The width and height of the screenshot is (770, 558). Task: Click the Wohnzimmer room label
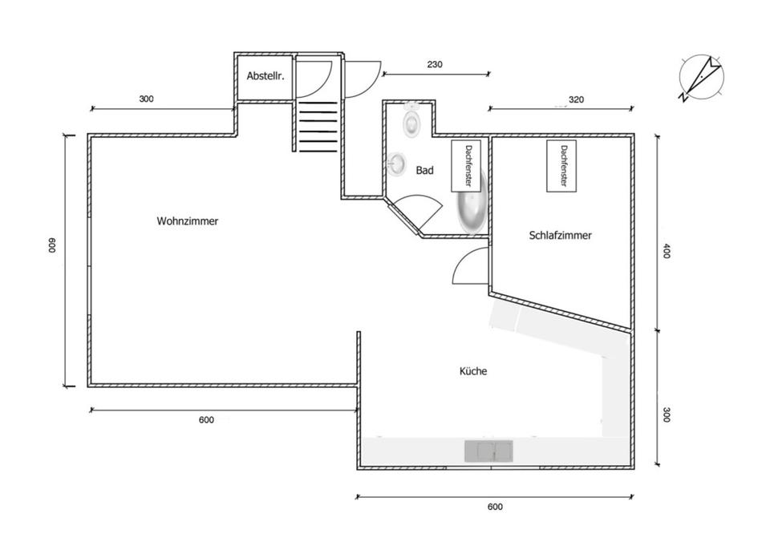188,220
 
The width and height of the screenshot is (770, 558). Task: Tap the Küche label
473,371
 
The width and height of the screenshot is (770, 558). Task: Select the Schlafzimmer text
561,236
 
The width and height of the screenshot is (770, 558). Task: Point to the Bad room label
424,171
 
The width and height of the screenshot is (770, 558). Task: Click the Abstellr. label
265,76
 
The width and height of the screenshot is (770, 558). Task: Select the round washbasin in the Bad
397,164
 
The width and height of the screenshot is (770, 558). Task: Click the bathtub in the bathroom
472,210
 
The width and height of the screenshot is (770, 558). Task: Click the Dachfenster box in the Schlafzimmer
563,166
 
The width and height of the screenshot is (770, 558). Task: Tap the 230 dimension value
436,64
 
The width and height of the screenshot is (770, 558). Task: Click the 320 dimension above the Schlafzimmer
576,100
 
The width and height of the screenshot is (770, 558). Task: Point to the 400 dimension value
667,251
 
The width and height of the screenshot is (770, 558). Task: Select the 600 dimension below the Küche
495,507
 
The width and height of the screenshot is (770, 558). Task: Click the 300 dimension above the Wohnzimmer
146,99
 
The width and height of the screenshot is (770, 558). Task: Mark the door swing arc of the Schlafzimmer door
467,265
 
